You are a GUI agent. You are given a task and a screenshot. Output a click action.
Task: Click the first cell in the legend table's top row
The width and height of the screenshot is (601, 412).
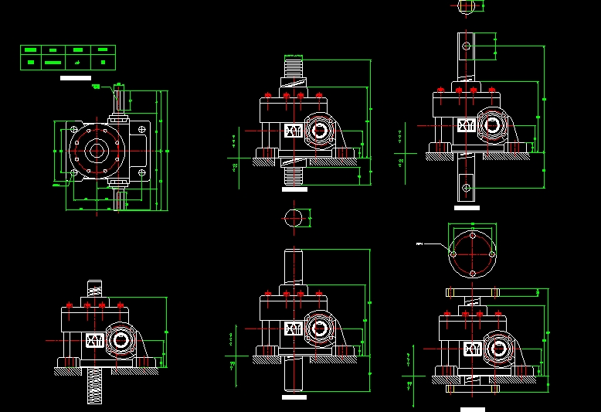30,51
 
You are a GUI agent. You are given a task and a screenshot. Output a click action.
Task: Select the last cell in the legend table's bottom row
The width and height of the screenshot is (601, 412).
103,63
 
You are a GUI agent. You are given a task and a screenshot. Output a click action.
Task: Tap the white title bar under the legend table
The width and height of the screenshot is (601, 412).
76,78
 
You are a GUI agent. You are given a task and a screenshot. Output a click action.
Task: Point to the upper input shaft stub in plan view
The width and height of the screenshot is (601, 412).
120,101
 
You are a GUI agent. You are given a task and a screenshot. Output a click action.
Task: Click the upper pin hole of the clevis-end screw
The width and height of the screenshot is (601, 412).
465,46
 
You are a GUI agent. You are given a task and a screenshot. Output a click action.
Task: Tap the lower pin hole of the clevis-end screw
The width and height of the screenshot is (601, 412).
465,186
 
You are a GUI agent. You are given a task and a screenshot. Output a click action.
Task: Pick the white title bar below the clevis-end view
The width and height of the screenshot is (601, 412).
467,207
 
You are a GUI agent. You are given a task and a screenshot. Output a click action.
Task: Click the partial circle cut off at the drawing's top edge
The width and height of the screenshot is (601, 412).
466,5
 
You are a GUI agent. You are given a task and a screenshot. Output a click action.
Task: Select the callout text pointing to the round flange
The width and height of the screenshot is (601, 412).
420,243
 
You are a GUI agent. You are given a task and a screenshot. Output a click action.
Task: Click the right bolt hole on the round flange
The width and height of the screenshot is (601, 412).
491,253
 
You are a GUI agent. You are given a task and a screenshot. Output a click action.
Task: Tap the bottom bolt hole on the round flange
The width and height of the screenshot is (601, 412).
471,272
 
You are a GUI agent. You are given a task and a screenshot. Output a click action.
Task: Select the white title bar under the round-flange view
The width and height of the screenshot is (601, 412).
472,408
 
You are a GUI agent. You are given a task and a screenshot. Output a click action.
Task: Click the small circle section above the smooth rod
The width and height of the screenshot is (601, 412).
294,218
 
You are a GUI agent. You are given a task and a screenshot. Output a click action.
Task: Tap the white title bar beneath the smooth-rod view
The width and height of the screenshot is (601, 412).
294,397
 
